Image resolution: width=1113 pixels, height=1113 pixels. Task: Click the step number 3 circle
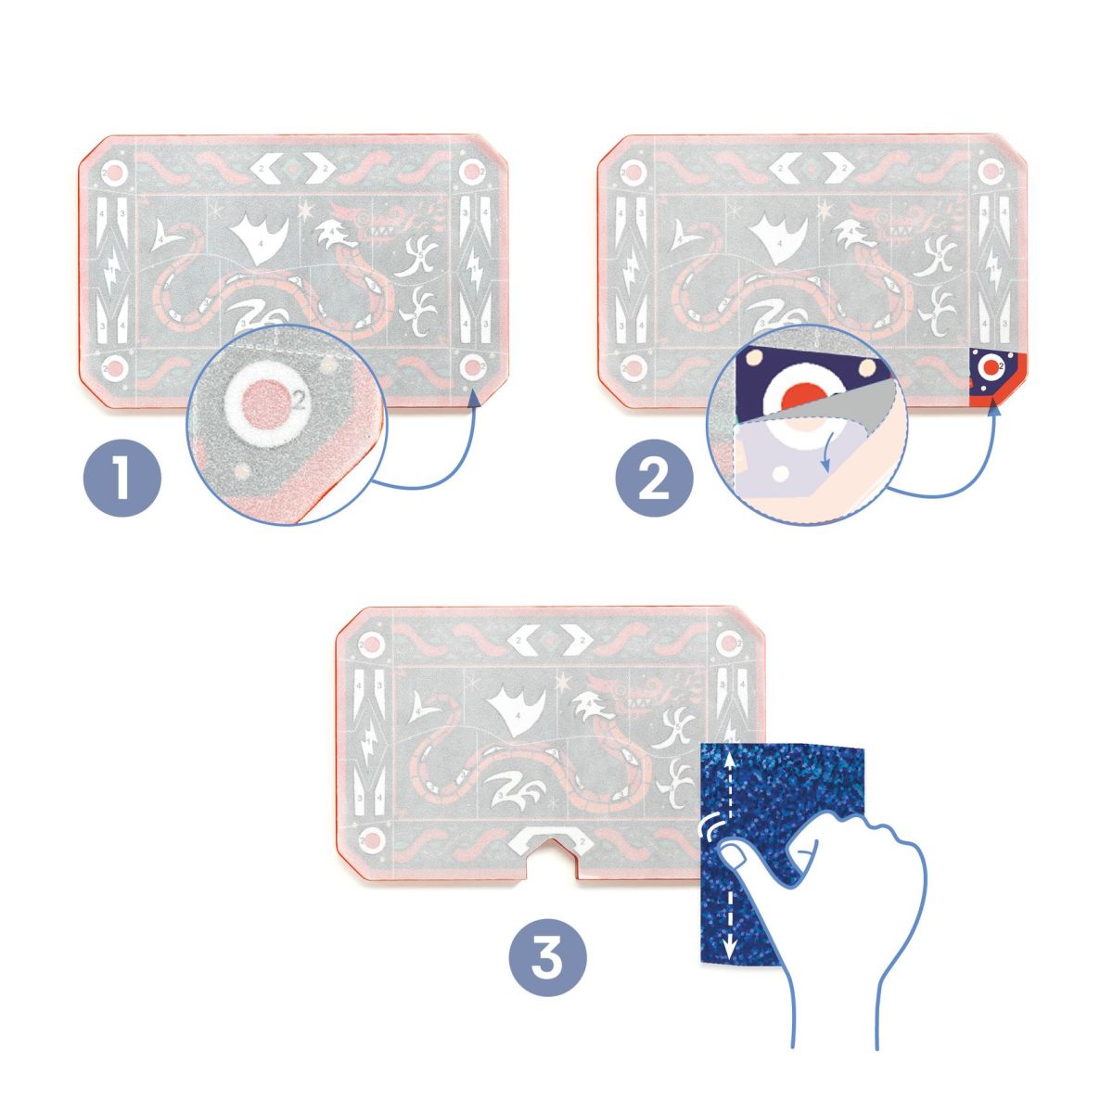pyautogui.click(x=547, y=958)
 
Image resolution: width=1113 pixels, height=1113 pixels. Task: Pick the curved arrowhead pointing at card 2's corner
pyautogui.click(x=993, y=405)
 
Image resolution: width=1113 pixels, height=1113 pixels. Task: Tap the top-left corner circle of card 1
pyautogui.click(x=113, y=173)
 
